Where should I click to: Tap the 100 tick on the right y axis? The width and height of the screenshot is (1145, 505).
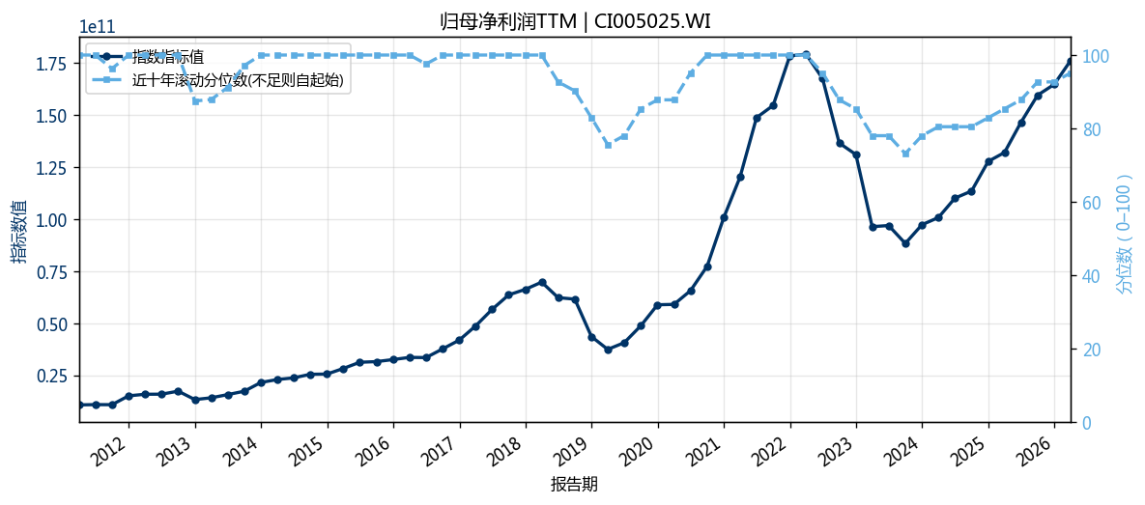(1091, 55)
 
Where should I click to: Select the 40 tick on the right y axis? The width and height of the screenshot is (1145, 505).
(1087, 276)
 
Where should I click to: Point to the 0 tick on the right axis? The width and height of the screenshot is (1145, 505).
(1082, 423)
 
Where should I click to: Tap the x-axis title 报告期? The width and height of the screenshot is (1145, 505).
(574, 485)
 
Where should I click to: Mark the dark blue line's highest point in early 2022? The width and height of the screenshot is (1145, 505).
(806, 55)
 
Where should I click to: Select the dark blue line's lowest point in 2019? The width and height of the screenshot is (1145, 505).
(608, 350)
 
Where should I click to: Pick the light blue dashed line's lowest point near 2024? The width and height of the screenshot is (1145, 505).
(905, 154)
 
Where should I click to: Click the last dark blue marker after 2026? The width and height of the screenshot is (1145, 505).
(1071, 61)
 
